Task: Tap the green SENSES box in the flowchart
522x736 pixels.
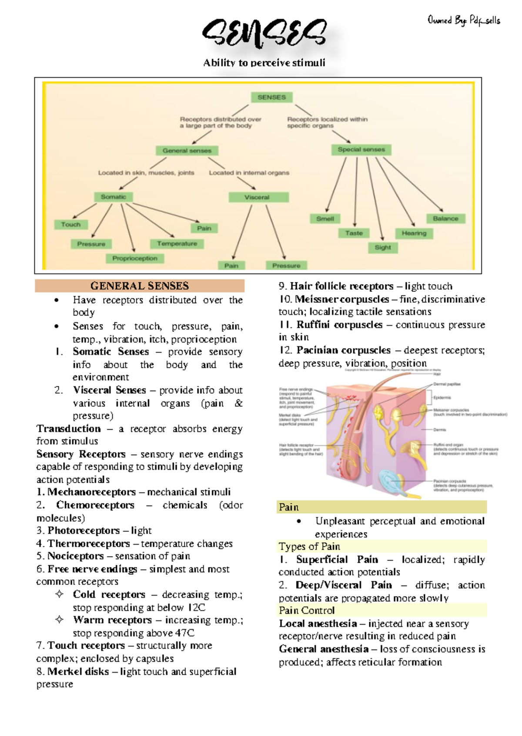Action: click(x=271, y=97)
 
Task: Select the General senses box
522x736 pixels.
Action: click(x=187, y=151)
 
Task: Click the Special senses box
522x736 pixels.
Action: click(x=361, y=149)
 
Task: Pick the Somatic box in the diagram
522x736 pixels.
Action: click(x=114, y=197)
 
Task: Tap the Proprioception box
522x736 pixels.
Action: click(x=135, y=259)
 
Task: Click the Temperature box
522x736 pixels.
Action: click(x=177, y=244)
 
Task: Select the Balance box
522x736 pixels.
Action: click(x=445, y=219)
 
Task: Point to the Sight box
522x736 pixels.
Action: click(x=383, y=248)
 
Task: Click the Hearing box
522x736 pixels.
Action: click(x=414, y=233)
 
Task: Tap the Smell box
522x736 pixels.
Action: click(x=325, y=219)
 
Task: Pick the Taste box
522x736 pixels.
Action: click(x=354, y=233)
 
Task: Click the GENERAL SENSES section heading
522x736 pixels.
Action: click(x=140, y=286)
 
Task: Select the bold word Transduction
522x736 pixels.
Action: click(x=69, y=429)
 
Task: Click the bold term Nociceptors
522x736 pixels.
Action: click(x=76, y=556)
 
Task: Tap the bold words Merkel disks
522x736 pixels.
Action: click(x=78, y=672)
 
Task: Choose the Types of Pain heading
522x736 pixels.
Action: click(x=309, y=547)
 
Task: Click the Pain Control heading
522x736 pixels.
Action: click(x=307, y=610)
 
